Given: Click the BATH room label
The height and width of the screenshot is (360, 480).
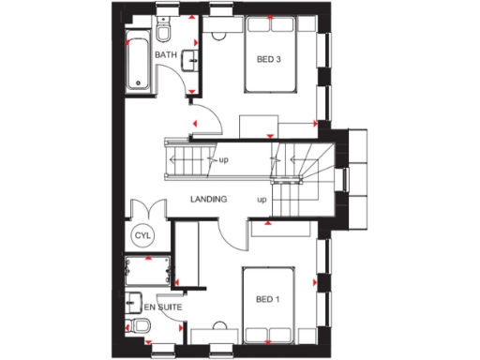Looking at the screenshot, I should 165,55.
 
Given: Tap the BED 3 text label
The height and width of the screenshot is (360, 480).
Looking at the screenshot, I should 269,61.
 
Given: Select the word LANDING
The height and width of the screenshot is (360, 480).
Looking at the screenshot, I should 209,200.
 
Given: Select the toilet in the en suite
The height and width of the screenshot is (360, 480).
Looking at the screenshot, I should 139,326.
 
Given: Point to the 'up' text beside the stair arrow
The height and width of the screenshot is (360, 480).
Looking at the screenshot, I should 224,160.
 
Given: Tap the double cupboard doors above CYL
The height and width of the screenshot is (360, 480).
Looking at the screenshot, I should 149,210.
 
